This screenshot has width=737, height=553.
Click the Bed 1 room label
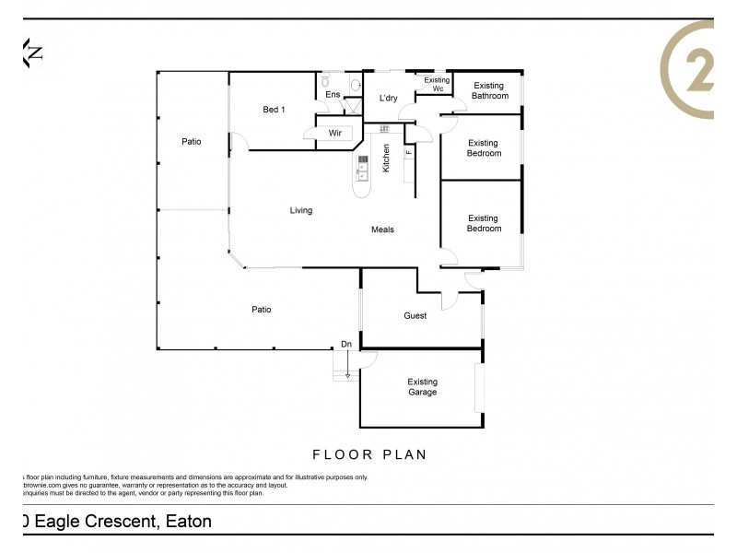coord(274,110)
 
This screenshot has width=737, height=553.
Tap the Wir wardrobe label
coord(335,134)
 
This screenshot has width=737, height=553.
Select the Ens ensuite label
coord(333,94)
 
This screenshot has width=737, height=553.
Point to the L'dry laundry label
coord(388,99)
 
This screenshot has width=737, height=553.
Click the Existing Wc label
coord(437,84)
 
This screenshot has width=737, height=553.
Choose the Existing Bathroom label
coord(489,90)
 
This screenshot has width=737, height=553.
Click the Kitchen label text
coord(386,158)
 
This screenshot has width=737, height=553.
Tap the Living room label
coord(300,210)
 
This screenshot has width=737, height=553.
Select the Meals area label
coord(382,229)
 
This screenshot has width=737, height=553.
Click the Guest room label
coord(415,316)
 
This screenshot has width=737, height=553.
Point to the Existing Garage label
coord(422,386)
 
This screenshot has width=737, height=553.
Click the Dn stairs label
coord(346,345)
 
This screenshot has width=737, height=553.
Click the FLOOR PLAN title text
coord(369,454)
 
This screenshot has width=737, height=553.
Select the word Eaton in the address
coord(189,522)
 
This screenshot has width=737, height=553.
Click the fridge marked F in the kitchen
coord(408,152)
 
